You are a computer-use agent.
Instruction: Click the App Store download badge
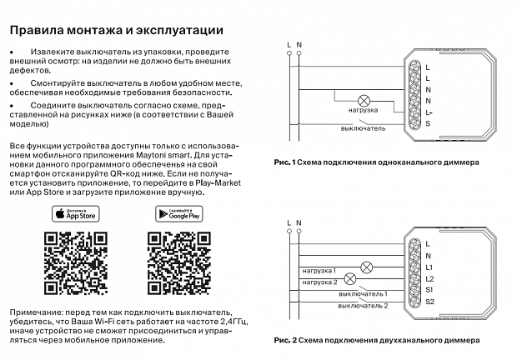click(75, 213)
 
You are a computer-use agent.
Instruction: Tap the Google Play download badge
click(179, 213)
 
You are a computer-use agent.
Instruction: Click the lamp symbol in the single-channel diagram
click(365, 97)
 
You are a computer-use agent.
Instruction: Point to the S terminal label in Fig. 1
click(428, 123)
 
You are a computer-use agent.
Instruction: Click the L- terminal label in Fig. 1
click(429, 112)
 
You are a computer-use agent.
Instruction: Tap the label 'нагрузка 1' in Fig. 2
click(319, 271)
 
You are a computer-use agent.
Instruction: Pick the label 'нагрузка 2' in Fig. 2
click(319, 282)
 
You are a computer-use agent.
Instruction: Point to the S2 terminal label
click(429, 301)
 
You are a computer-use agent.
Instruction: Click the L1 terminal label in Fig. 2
click(429, 267)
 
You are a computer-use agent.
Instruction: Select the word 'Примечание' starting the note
click(33, 310)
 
